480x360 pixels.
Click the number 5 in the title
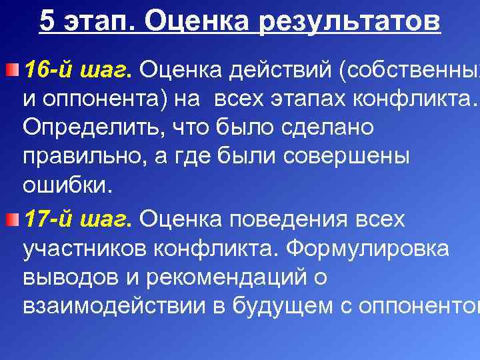coord(47,21)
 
